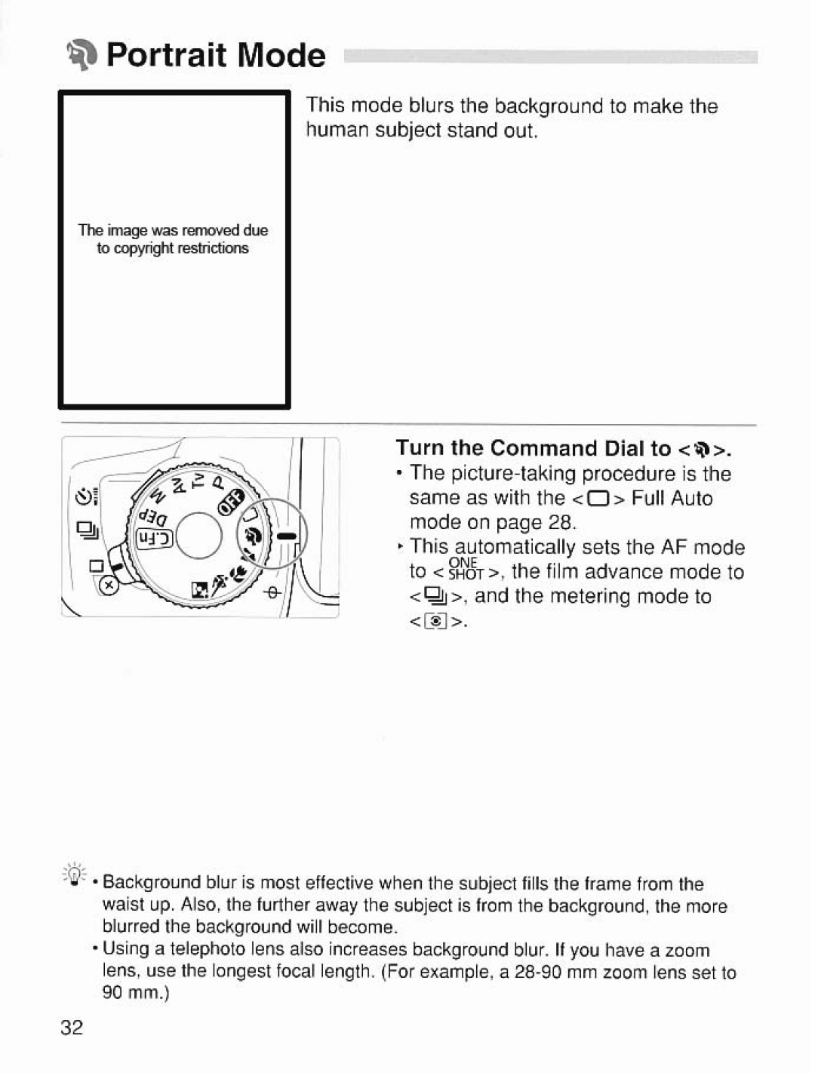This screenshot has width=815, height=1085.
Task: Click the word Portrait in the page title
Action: pos(167,55)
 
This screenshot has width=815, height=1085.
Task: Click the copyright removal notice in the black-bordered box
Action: pos(173,239)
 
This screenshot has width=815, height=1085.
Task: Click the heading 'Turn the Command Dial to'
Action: pos(533,448)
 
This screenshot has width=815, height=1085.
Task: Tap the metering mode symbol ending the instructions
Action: pos(438,622)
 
